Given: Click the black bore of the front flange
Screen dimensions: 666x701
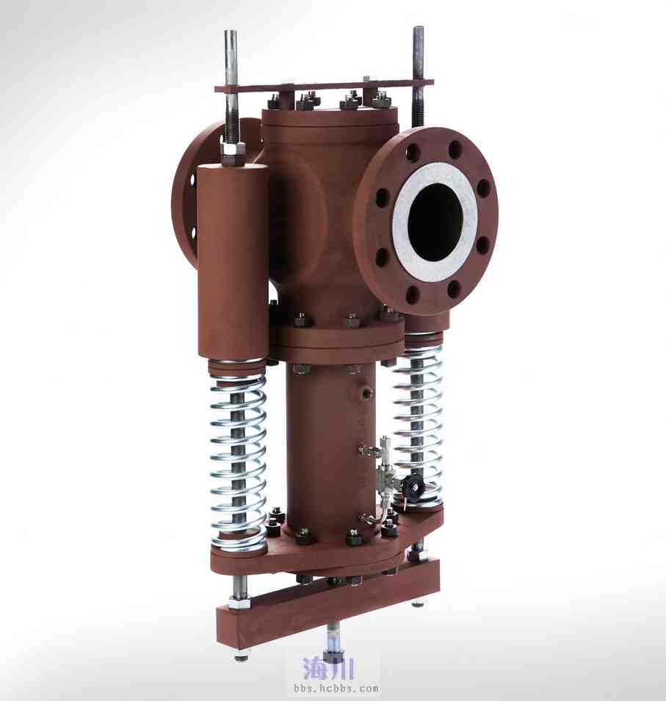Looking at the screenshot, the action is click(x=435, y=222).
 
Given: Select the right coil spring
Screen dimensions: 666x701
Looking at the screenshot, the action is click(x=419, y=425).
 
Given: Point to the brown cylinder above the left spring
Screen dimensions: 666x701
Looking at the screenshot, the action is click(x=232, y=261).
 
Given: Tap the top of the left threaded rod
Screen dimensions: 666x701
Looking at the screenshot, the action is click(x=231, y=32).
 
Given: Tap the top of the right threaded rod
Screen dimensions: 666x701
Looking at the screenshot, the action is click(x=419, y=29).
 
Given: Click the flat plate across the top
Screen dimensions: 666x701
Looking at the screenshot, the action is click(x=325, y=86).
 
